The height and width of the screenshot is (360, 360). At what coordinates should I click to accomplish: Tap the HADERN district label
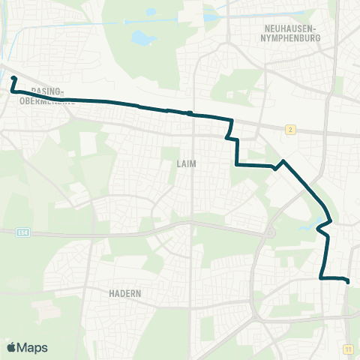124,293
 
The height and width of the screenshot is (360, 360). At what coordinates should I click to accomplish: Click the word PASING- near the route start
47,91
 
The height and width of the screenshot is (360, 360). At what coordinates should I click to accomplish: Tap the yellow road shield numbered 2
289,129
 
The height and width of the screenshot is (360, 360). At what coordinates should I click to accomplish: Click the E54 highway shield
22,232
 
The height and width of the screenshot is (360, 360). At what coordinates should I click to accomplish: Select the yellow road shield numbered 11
349,349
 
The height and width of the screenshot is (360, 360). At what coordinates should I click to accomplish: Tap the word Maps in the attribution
33,347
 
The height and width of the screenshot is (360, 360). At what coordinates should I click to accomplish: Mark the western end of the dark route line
14,78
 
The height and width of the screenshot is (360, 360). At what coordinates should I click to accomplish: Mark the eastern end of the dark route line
348,281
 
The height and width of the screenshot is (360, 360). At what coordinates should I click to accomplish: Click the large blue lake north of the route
141,37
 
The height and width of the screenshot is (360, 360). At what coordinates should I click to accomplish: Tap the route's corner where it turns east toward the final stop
321,278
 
